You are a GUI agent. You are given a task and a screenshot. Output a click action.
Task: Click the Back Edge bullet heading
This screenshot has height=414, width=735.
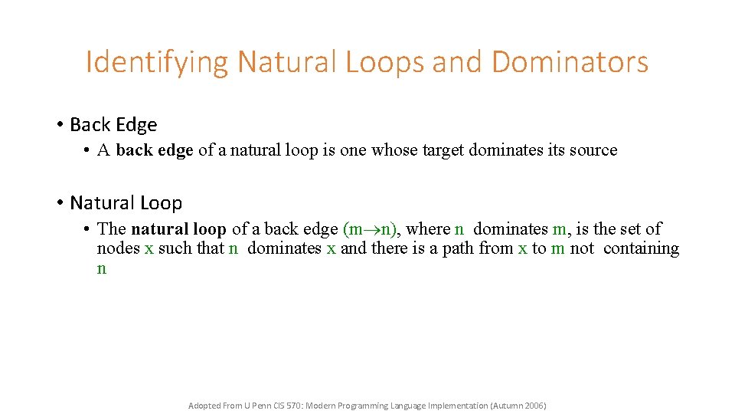[x=113, y=125]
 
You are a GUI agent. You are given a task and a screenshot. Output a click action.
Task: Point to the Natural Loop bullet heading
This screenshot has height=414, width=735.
[x=126, y=203]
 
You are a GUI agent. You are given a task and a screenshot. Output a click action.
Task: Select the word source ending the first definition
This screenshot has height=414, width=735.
[x=593, y=150]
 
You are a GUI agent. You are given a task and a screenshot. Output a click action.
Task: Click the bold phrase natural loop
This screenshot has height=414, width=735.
[x=178, y=228]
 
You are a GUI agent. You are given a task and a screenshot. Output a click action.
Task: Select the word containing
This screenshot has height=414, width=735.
[x=641, y=248]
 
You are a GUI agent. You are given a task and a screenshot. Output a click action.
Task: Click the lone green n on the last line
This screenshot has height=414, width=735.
[x=102, y=268]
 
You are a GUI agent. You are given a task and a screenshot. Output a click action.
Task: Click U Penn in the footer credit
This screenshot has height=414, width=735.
[x=254, y=406]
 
